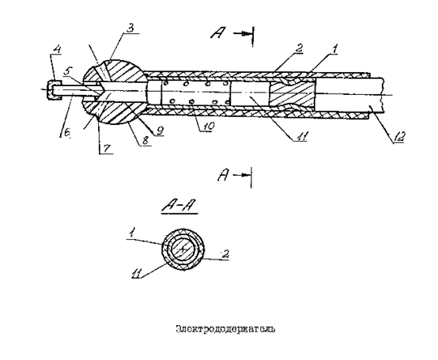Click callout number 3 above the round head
point(131,28)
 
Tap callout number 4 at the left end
point(57,50)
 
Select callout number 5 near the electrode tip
point(66,71)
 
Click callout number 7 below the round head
point(107,148)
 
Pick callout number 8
point(145,140)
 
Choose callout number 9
point(159,131)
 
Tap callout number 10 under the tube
point(207,127)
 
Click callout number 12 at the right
point(398,137)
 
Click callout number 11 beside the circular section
point(137,275)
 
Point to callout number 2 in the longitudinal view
point(298,47)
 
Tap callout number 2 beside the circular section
point(225,254)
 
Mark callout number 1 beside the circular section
point(130,233)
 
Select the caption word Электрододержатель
point(225,329)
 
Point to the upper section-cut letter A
point(218,33)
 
